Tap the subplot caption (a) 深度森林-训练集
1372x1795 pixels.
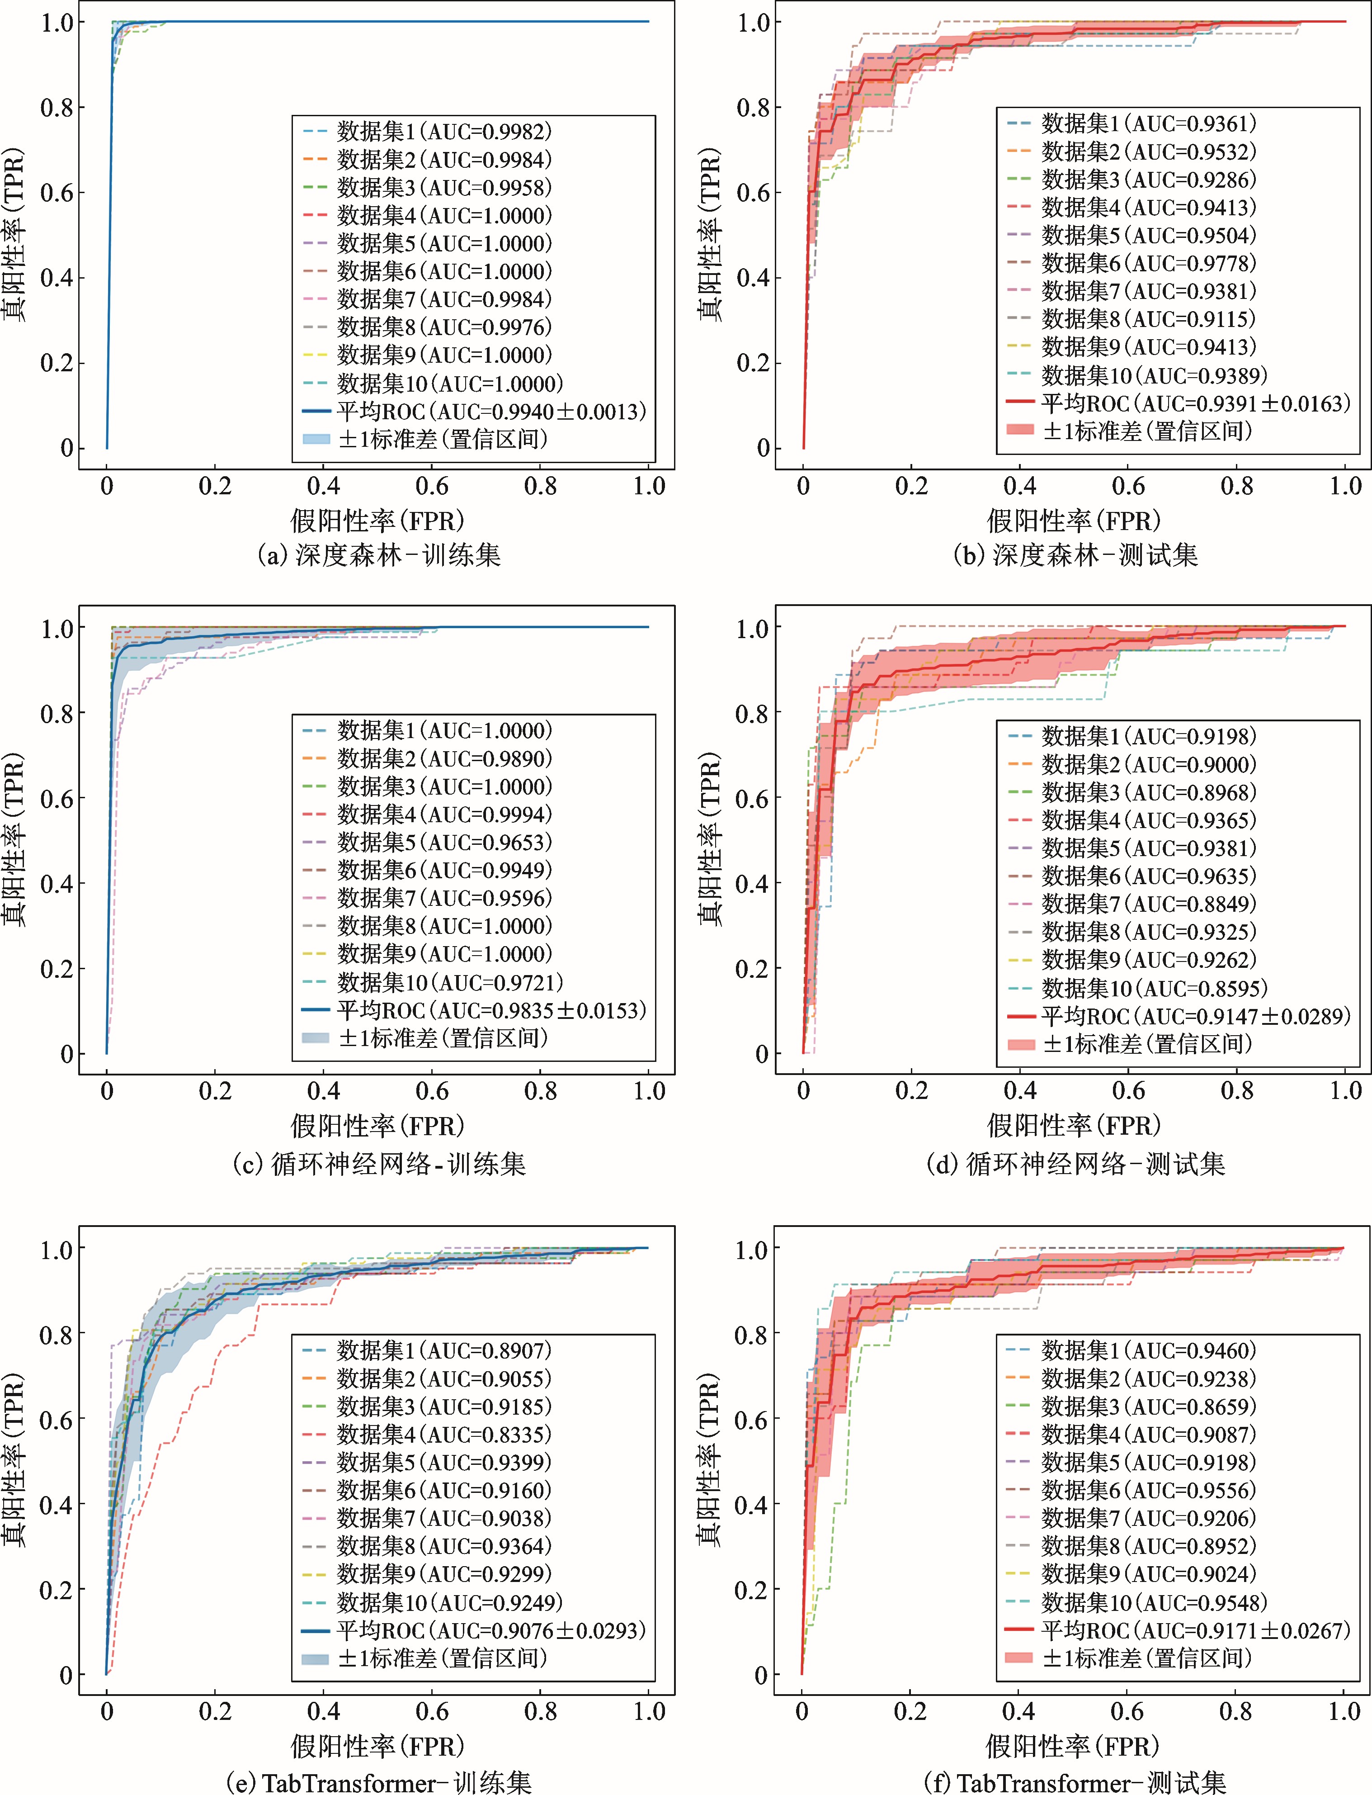(x=378, y=555)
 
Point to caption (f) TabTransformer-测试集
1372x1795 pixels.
(x=1075, y=1781)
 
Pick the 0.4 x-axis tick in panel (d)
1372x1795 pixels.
(x=1019, y=1091)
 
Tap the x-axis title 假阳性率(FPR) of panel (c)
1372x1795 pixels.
(x=377, y=1126)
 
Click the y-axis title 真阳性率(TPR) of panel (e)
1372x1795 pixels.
(x=15, y=1459)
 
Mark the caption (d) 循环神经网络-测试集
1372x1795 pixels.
(x=1075, y=1164)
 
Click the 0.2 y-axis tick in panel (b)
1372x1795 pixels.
(x=753, y=363)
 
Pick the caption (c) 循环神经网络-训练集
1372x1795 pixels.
(x=378, y=1164)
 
